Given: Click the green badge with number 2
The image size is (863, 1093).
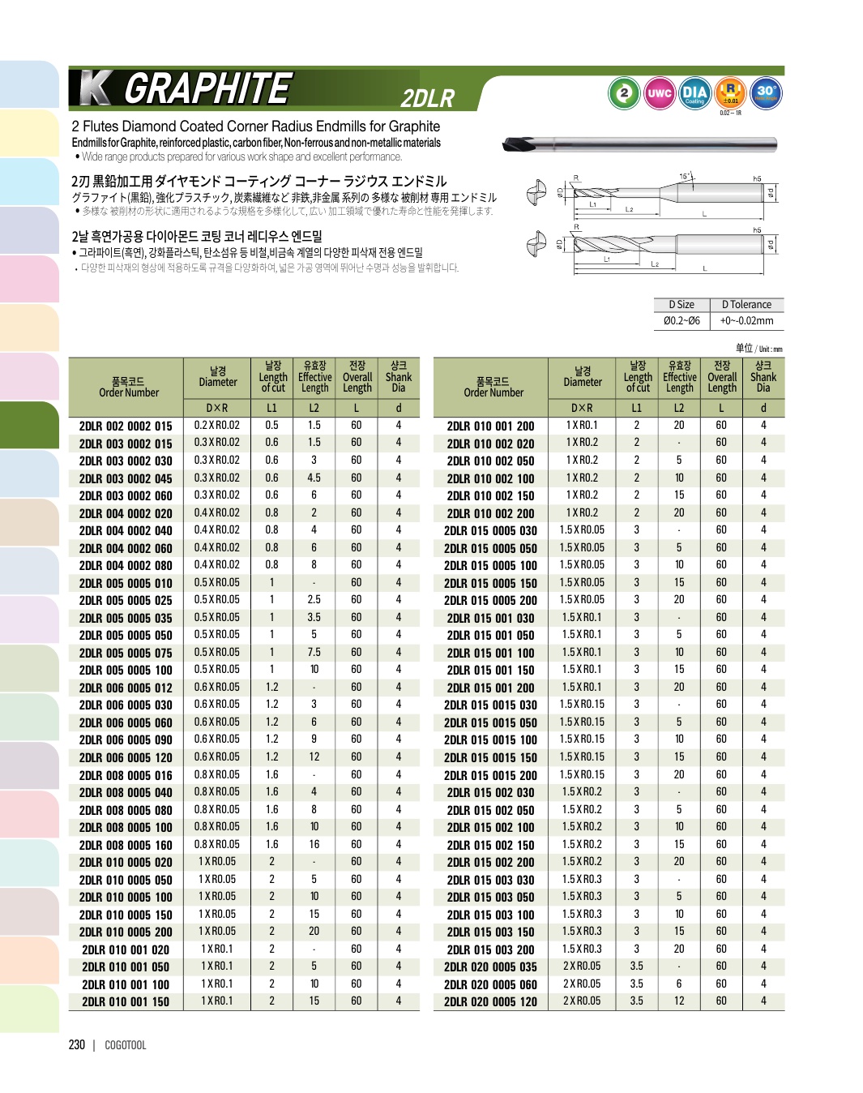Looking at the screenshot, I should point(624,94).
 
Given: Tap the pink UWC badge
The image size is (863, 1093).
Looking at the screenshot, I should point(660,94).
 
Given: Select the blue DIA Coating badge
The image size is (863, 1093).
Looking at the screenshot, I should point(694,94).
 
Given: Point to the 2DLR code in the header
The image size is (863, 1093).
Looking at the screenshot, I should point(428,98).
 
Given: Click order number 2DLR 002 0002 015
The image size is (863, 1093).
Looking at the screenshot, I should point(126,426).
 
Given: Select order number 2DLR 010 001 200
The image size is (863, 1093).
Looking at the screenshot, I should point(490,426).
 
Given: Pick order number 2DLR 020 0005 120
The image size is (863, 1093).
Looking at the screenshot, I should point(490,1001).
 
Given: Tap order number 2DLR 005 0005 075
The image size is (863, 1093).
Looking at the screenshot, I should point(126,653).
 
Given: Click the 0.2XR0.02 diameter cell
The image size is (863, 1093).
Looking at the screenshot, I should point(217,425).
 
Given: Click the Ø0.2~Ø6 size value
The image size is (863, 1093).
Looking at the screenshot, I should point(681,321).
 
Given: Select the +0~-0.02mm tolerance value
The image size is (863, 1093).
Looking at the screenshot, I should point(746,321).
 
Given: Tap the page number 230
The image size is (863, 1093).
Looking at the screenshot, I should point(77,1045).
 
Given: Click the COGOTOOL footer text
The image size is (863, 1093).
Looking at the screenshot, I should point(126,1045).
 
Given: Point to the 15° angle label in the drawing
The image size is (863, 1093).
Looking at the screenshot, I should point(686,176).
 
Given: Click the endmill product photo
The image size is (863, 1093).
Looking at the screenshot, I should point(639,145).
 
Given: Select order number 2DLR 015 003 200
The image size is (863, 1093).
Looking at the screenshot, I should point(490,949).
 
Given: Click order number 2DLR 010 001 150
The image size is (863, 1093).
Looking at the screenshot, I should point(126,1001).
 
